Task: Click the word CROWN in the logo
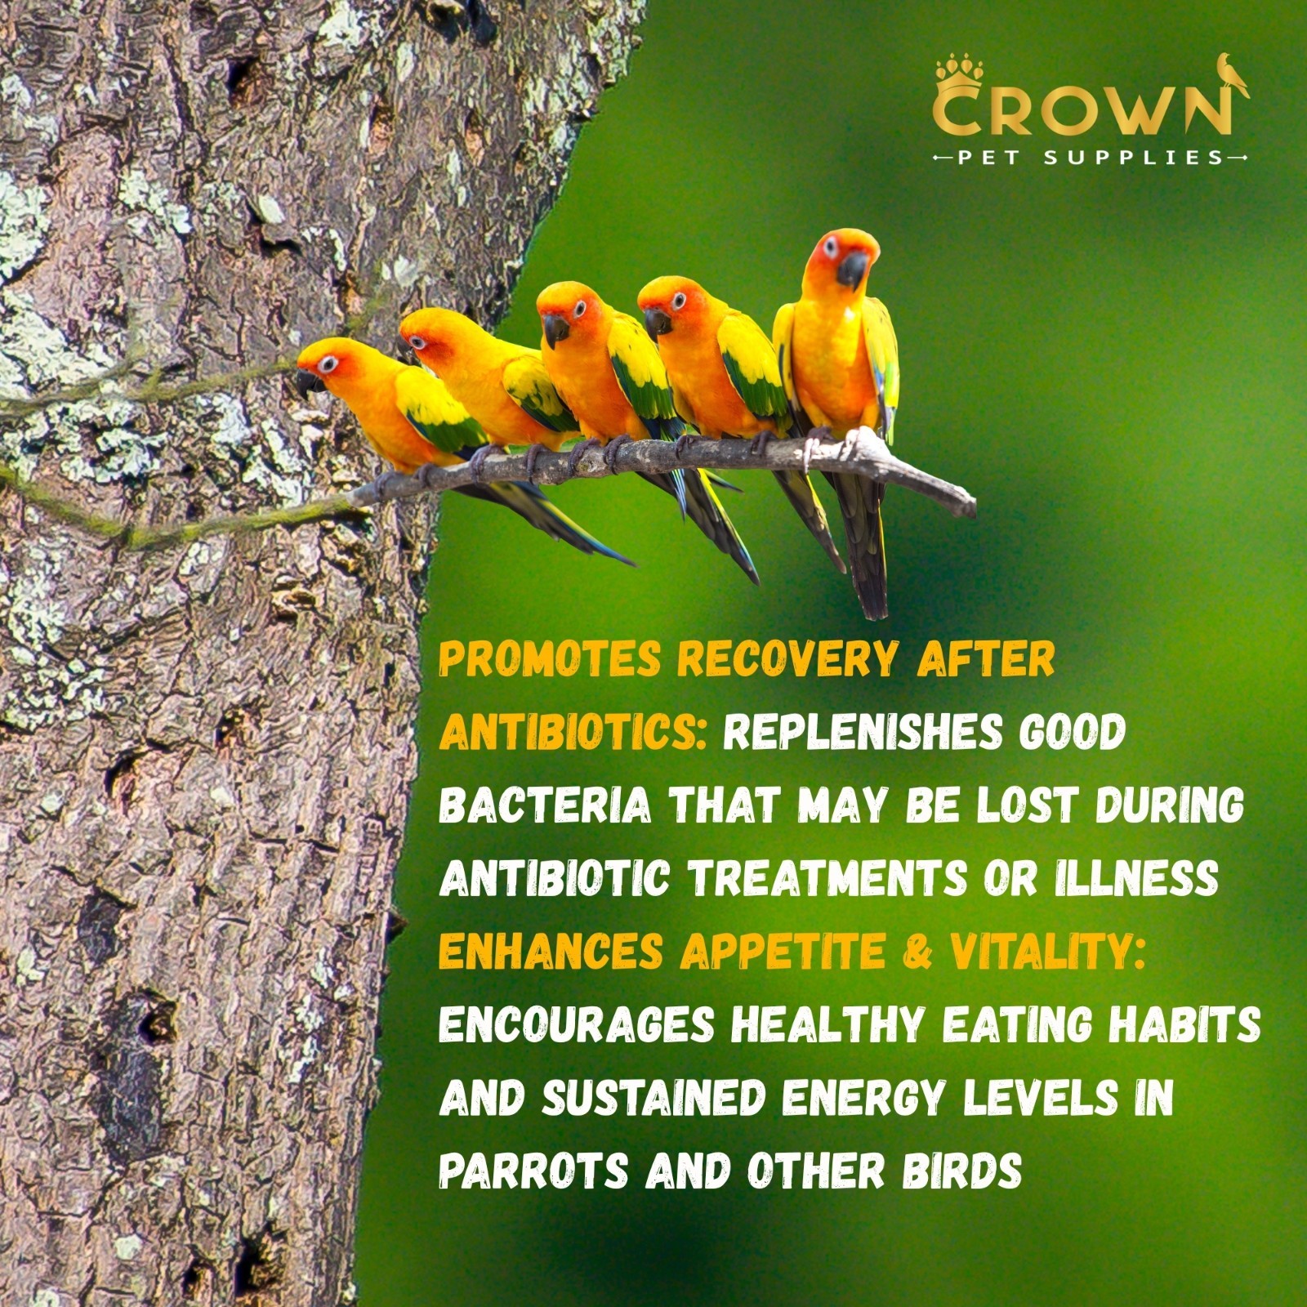1080,114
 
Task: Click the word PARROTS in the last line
533,1170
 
